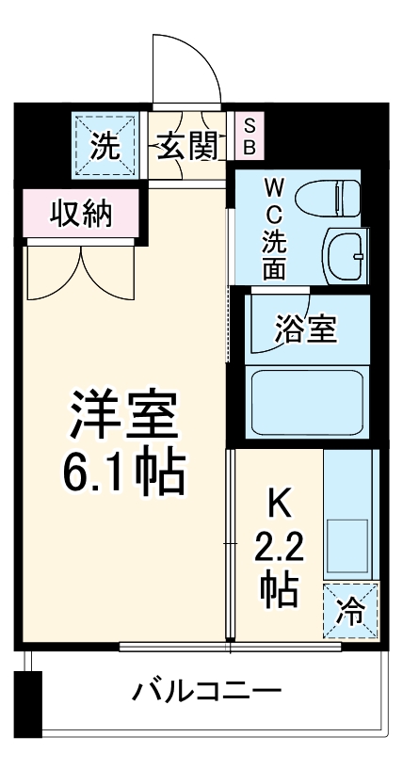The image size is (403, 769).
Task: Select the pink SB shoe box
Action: tap(250, 136)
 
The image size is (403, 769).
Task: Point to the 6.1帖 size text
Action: tap(122, 473)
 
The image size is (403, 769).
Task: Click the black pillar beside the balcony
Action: tap(30, 704)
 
